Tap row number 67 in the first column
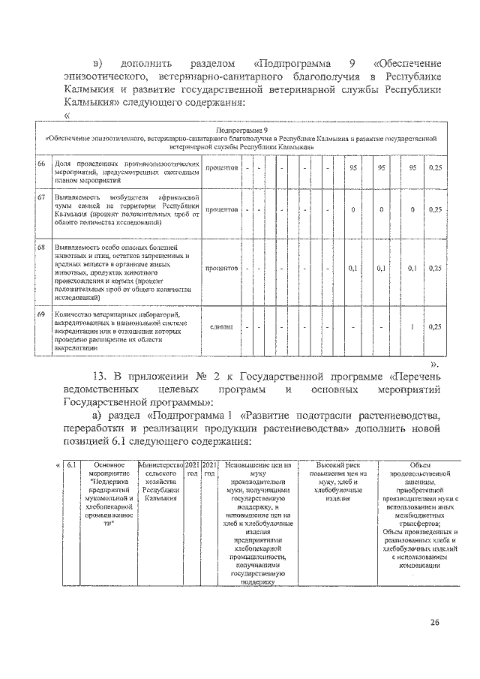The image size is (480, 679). [42, 197]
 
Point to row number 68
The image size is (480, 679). [42, 247]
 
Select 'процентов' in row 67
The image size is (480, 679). [222, 209]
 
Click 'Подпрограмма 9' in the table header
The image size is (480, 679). [241, 130]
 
